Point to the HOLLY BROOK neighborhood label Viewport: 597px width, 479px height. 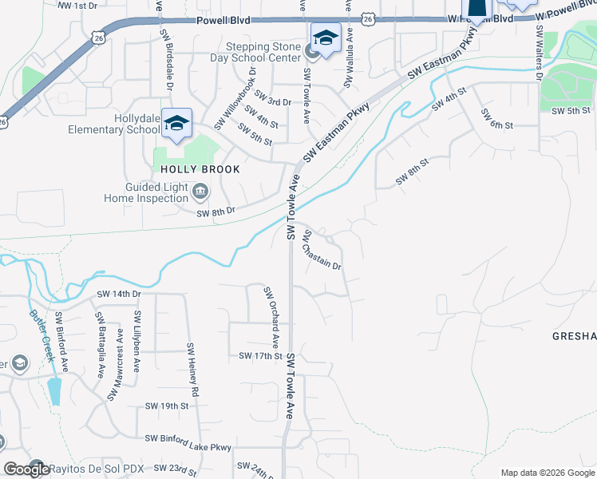pos(190,169)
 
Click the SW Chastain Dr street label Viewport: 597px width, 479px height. pos(322,250)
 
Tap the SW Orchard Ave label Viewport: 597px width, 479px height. pos(271,316)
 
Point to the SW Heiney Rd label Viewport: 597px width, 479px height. pos(192,370)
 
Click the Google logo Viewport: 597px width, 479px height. pos(26,470)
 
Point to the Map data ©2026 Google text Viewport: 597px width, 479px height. pos(547,473)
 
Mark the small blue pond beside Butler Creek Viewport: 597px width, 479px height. pos(53,390)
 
